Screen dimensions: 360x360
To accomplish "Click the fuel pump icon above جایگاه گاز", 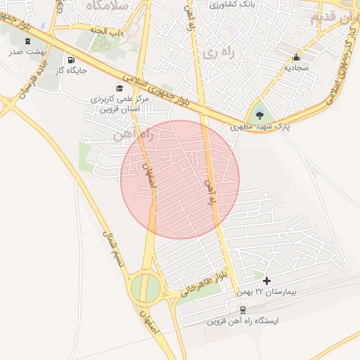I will coord(71,60).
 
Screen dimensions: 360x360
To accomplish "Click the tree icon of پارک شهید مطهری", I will coord(261,115).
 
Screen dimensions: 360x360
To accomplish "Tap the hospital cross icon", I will coord(266,281).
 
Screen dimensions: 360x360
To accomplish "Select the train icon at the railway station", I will coord(243,309).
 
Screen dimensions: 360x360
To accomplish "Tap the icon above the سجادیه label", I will coord(296,58).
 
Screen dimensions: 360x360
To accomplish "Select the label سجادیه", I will coord(296,68).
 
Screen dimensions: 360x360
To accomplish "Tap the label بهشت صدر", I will coord(27,52).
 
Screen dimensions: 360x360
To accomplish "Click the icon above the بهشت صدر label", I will coord(27,41).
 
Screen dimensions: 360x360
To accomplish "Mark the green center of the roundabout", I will coord(146,287).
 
